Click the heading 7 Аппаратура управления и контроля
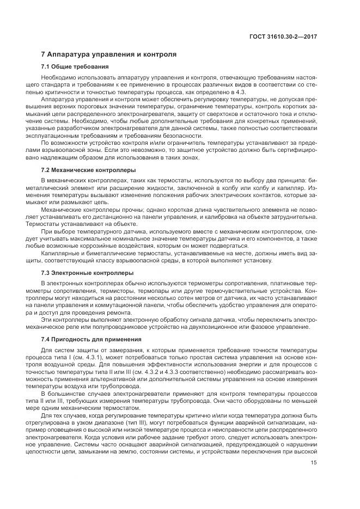click(108, 55)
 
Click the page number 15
click(314, 463)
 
